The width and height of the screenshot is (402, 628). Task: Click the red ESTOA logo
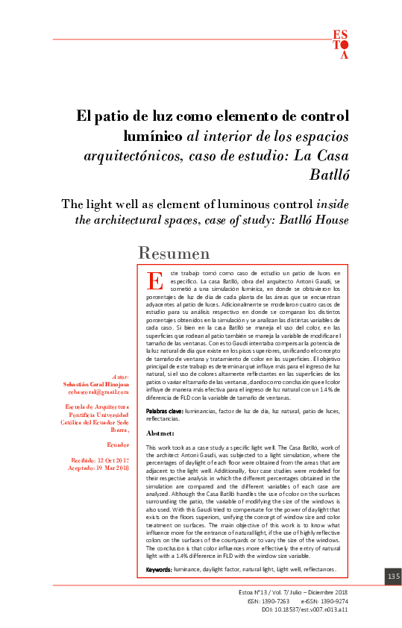click(340, 44)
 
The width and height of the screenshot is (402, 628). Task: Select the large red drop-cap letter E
click(155, 281)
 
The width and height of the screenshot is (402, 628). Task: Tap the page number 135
click(393, 577)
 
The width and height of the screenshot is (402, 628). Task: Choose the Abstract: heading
click(161, 433)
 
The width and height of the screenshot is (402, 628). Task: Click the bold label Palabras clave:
click(163, 411)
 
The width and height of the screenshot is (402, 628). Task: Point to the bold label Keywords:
click(158, 569)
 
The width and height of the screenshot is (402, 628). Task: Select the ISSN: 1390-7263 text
click(267, 600)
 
